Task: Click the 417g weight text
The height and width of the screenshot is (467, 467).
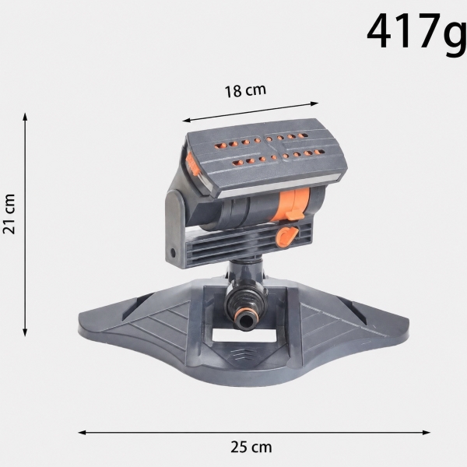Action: pos(416,33)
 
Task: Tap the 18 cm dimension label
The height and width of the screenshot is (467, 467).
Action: pos(245,90)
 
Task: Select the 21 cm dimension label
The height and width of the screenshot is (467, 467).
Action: pos(9,213)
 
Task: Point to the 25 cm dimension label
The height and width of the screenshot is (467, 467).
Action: pos(251,447)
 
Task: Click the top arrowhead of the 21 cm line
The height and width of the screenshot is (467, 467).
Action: pos(26,116)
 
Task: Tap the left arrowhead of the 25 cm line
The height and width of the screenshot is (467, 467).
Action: pos(82,432)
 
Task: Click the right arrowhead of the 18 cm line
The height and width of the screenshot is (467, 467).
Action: pos(314,104)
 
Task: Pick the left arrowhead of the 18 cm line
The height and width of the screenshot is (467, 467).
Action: pos(186,120)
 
